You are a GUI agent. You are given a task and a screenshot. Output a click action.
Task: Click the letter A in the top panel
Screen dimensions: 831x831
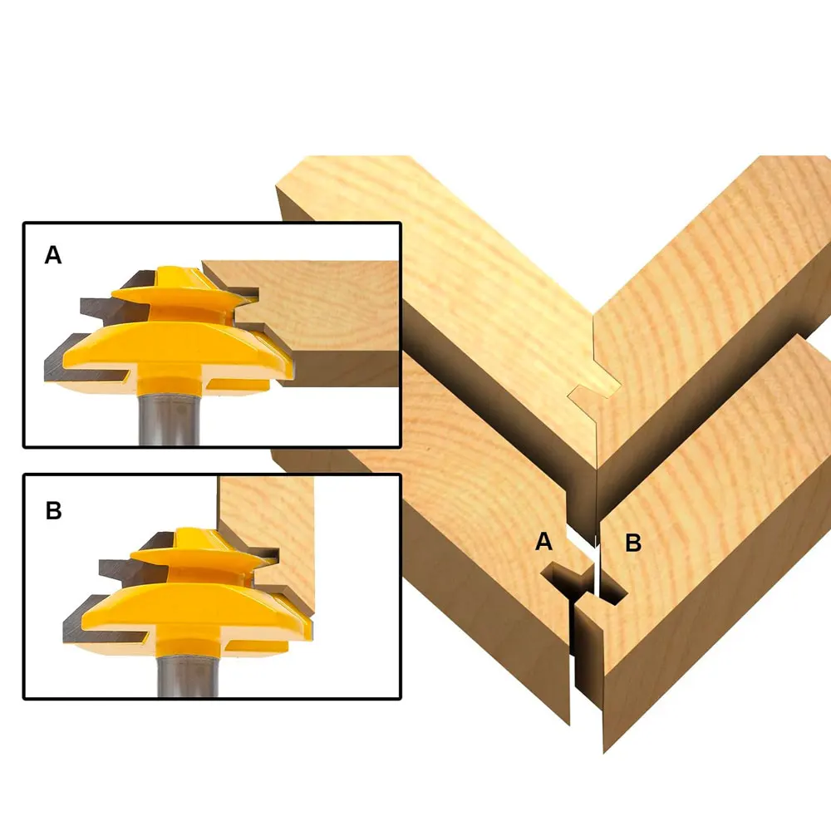coord(53,255)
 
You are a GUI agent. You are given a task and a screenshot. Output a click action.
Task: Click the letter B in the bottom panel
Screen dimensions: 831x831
coord(53,510)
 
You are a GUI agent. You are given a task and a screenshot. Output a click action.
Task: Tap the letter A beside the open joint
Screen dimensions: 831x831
coord(543,542)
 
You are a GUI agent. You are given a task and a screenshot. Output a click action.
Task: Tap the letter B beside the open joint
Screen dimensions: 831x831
coord(633,543)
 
